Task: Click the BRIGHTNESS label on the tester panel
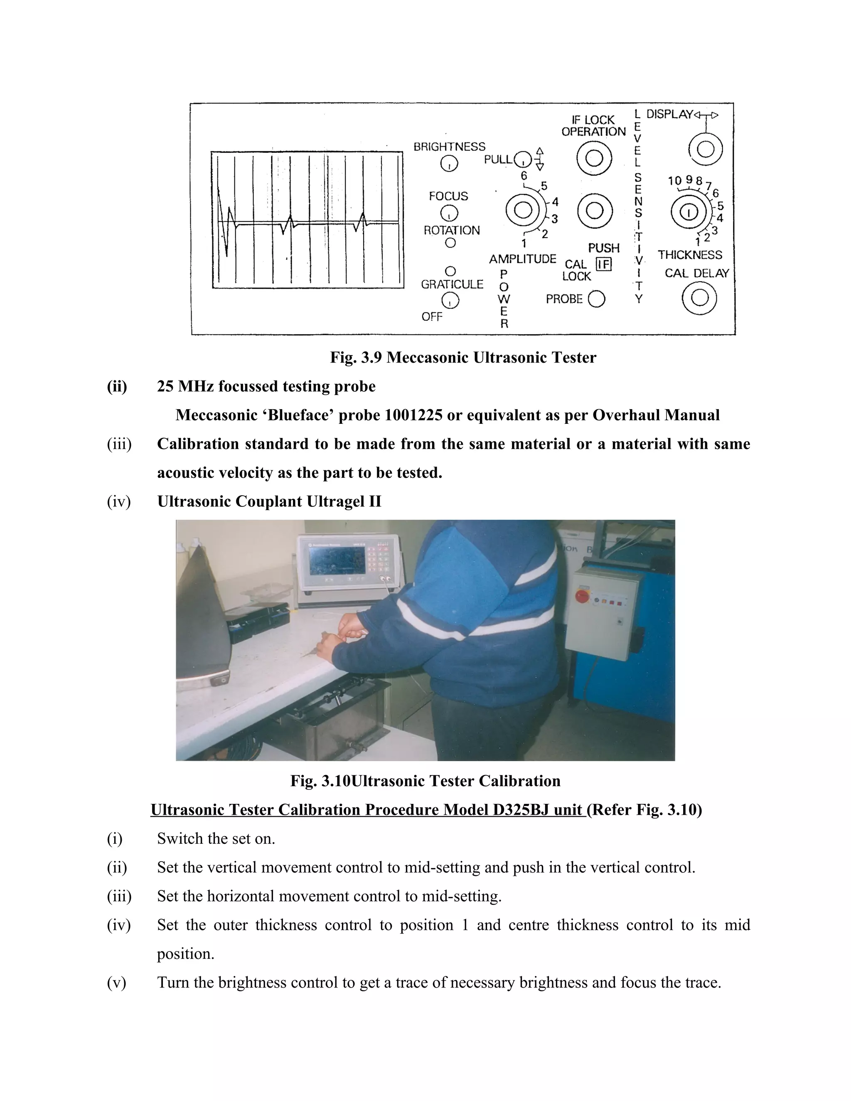pos(449,147)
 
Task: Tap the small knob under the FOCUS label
pos(449,213)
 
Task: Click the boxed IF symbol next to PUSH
pos(603,264)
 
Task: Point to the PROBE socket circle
pos(596,299)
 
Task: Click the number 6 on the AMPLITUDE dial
pos(524,175)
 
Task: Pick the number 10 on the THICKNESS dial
pos(674,180)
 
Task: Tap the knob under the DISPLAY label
pos(705,149)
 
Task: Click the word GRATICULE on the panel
pos(452,284)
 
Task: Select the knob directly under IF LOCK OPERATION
pos(594,158)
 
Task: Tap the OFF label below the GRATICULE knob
pos(432,317)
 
